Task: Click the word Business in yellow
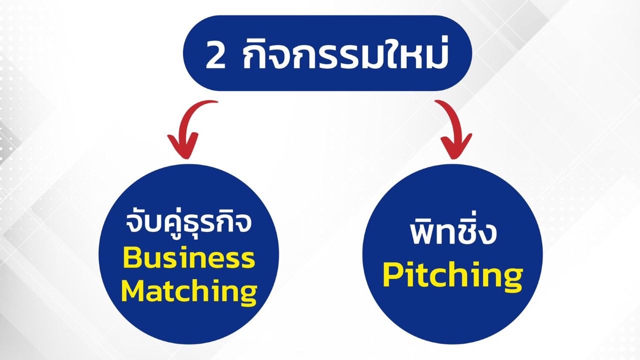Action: point(188,258)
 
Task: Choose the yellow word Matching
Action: point(189,291)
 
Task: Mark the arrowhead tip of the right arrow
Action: point(452,158)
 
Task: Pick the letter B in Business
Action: point(131,258)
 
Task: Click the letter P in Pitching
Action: point(392,275)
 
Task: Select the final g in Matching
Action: point(247,295)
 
